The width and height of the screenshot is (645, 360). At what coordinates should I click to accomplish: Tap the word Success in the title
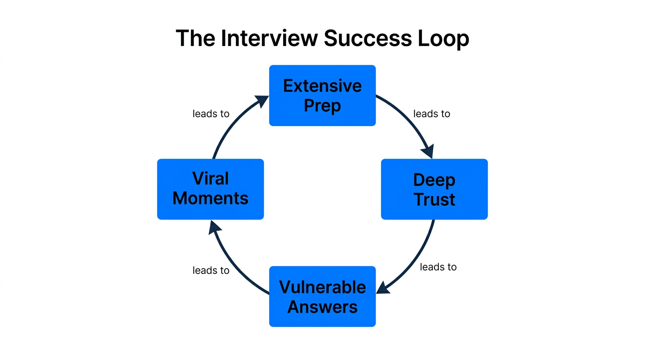(367, 38)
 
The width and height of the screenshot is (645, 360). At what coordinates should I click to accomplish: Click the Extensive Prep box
(322, 96)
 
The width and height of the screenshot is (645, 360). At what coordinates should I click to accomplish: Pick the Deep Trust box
(434, 189)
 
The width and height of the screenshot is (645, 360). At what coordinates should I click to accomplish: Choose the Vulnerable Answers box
(322, 296)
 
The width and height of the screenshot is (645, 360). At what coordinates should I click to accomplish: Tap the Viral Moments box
(210, 189)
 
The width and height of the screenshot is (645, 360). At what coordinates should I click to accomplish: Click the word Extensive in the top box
(322, 86)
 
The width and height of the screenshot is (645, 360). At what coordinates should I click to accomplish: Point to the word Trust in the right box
(434, 199)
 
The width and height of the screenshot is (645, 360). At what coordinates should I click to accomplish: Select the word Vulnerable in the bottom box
(322, 287)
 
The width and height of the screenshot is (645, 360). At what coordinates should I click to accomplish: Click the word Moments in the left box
(210, 198)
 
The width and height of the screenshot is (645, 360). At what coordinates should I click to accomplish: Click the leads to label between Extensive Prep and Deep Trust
(431, 114)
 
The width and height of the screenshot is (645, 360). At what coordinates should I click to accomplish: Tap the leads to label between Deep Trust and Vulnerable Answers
(438, 267)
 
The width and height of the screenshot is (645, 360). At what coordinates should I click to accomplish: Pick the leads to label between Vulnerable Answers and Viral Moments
(211, 270)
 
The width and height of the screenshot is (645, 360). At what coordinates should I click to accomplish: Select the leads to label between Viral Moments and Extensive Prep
(211, 114)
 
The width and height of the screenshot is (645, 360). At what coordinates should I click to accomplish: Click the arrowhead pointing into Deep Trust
(427, 152)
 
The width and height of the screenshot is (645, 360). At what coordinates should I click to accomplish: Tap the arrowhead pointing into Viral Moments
(215, 228)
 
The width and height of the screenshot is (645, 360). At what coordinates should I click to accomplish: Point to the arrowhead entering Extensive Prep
(261, 101)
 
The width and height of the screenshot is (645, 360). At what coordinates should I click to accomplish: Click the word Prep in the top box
(322, 106)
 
